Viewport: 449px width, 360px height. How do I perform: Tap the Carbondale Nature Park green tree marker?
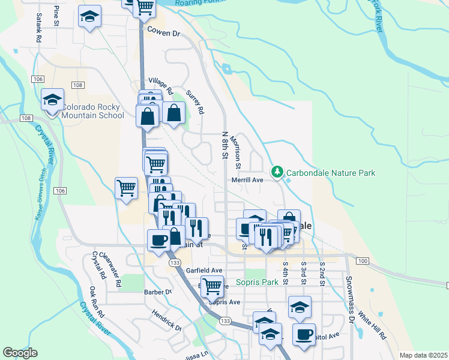coord(277,173)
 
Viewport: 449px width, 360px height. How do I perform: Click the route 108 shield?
coord(25,118)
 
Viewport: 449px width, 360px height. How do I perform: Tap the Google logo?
coord(20,352)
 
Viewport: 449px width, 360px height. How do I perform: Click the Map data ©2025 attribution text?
coord(423,355)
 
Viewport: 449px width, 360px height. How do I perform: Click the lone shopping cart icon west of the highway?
coord(126,187)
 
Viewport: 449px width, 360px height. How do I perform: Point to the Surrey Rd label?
coord(196,103)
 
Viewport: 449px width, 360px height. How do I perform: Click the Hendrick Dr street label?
coord(166,320)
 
